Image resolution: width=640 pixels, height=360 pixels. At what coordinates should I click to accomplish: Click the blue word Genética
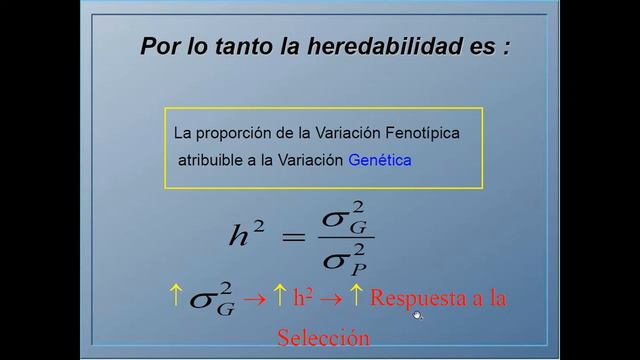point(379,159)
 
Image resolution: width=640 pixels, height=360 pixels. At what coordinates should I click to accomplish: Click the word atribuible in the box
point(212,159)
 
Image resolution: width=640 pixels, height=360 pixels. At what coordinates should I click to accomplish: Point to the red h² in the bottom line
point(305,297)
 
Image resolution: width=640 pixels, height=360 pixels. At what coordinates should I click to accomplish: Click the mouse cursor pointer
point(417,315)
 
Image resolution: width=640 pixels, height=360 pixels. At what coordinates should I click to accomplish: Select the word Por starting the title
point(158,46)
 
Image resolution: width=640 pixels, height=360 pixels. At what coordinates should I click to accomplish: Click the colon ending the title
point(507,48)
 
